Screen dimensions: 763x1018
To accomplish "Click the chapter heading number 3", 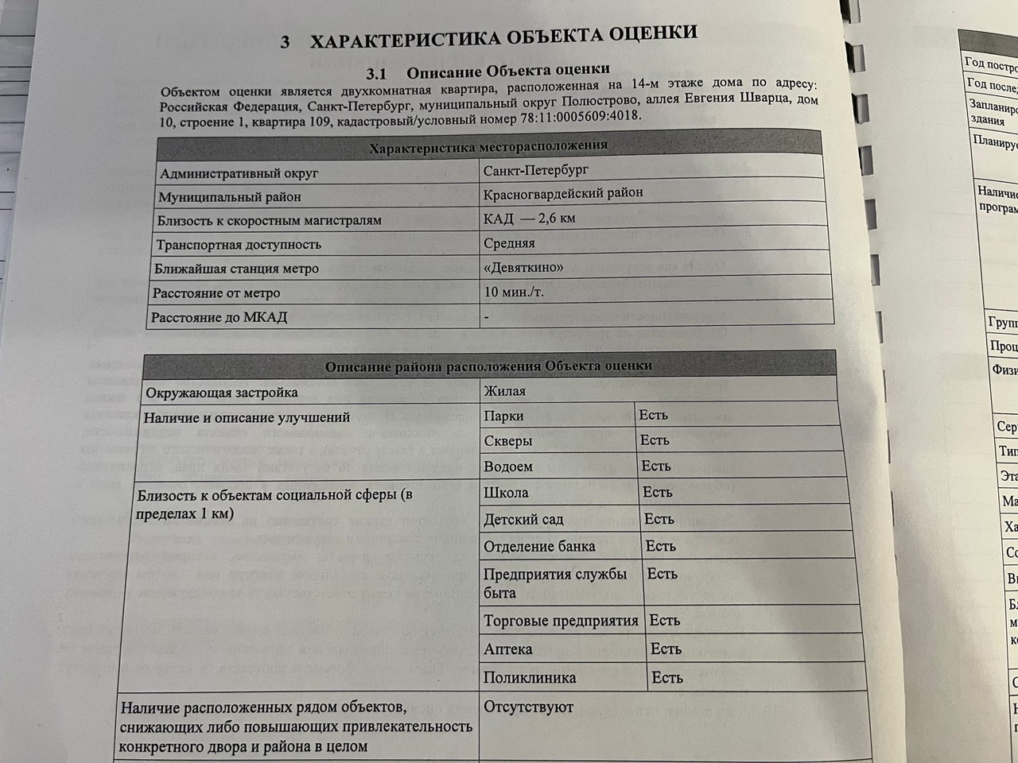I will pos(285,42).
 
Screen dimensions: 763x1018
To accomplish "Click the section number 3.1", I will pos(375,74).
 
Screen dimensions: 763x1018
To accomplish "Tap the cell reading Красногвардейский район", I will pos(563,193).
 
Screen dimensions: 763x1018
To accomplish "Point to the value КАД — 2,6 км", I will pos(529,218).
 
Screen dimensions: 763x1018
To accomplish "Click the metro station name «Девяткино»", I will pos(523,267).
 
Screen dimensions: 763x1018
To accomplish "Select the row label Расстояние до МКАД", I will pos(219,317).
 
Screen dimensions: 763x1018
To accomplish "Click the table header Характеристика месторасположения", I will pos(488,146).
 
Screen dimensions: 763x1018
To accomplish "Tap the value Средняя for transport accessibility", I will pos(509,242).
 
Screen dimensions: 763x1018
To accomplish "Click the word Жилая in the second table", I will pos(504,390).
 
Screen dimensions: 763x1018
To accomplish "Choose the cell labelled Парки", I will pos(503,415).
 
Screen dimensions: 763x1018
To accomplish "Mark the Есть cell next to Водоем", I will pos(656,466).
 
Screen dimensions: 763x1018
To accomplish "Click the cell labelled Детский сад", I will pos(523,520).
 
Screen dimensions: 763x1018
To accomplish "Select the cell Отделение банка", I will pos(539,547).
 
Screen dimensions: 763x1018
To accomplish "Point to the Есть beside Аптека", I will pos(666,649).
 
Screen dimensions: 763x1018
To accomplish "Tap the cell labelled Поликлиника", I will pos(530,678).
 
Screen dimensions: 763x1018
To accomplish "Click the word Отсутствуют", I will pos(528,707).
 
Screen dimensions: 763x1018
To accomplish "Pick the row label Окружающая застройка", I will pos(221,392).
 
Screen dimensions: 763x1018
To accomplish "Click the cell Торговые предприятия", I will pos(561,621).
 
